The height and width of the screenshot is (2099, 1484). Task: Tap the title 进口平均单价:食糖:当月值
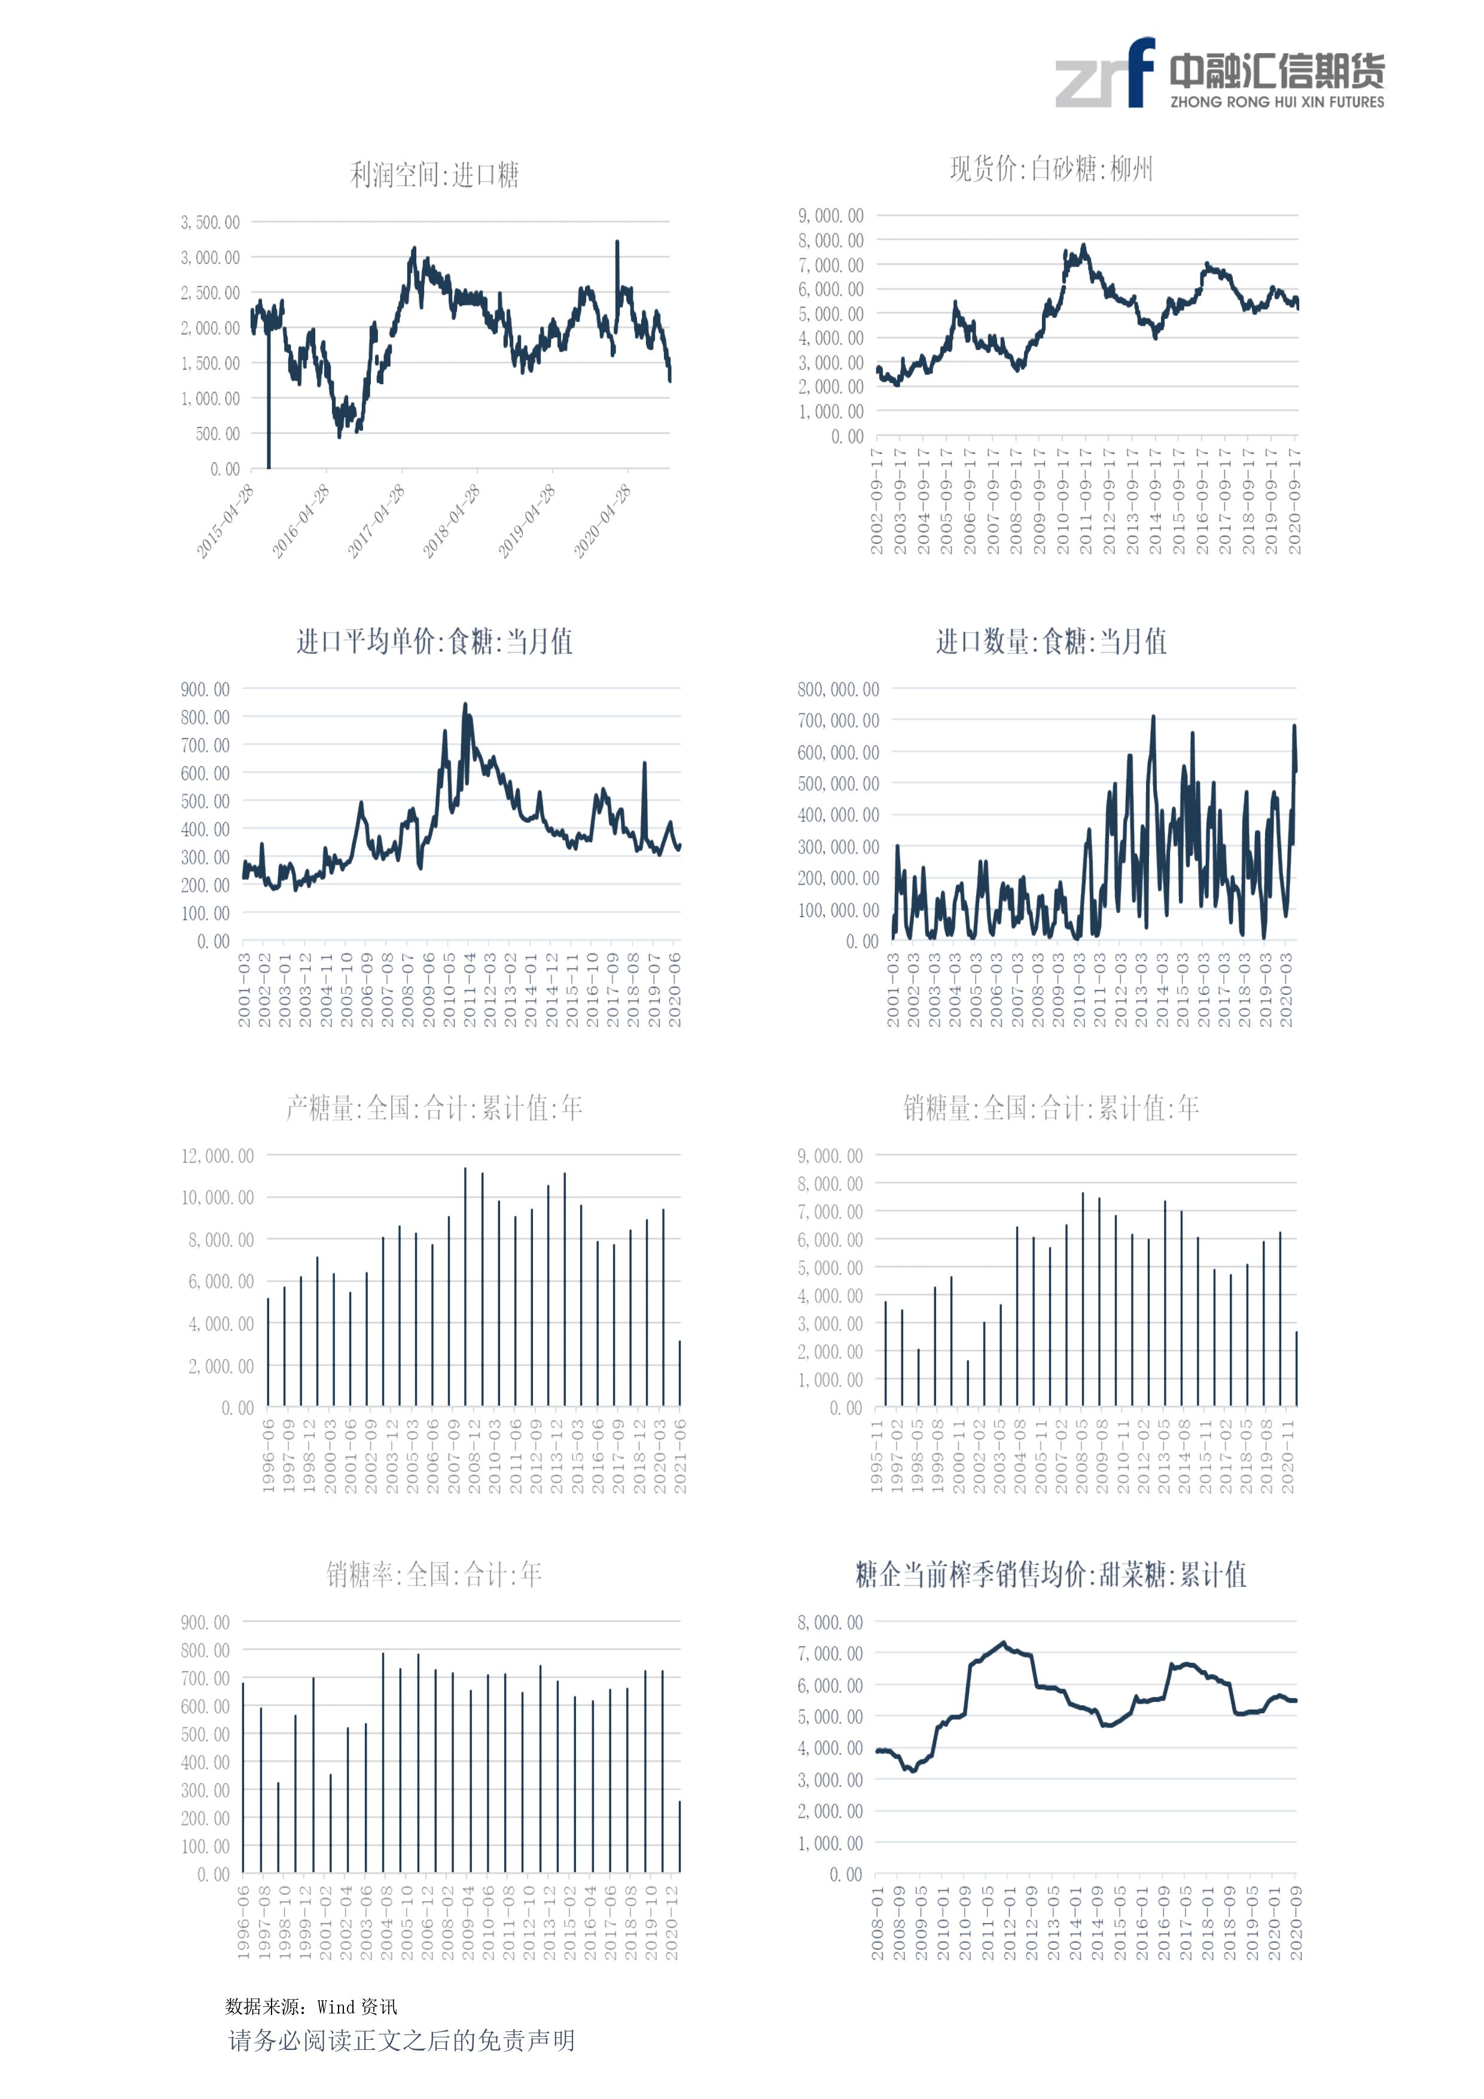434,642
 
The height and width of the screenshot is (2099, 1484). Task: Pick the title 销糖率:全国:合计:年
434,1574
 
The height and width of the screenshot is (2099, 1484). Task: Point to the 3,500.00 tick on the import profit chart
211,222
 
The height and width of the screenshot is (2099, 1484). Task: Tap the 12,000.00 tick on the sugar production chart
218,1156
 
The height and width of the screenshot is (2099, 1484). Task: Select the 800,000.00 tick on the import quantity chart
837,689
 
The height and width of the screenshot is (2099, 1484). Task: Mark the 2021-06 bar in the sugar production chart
679,1373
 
